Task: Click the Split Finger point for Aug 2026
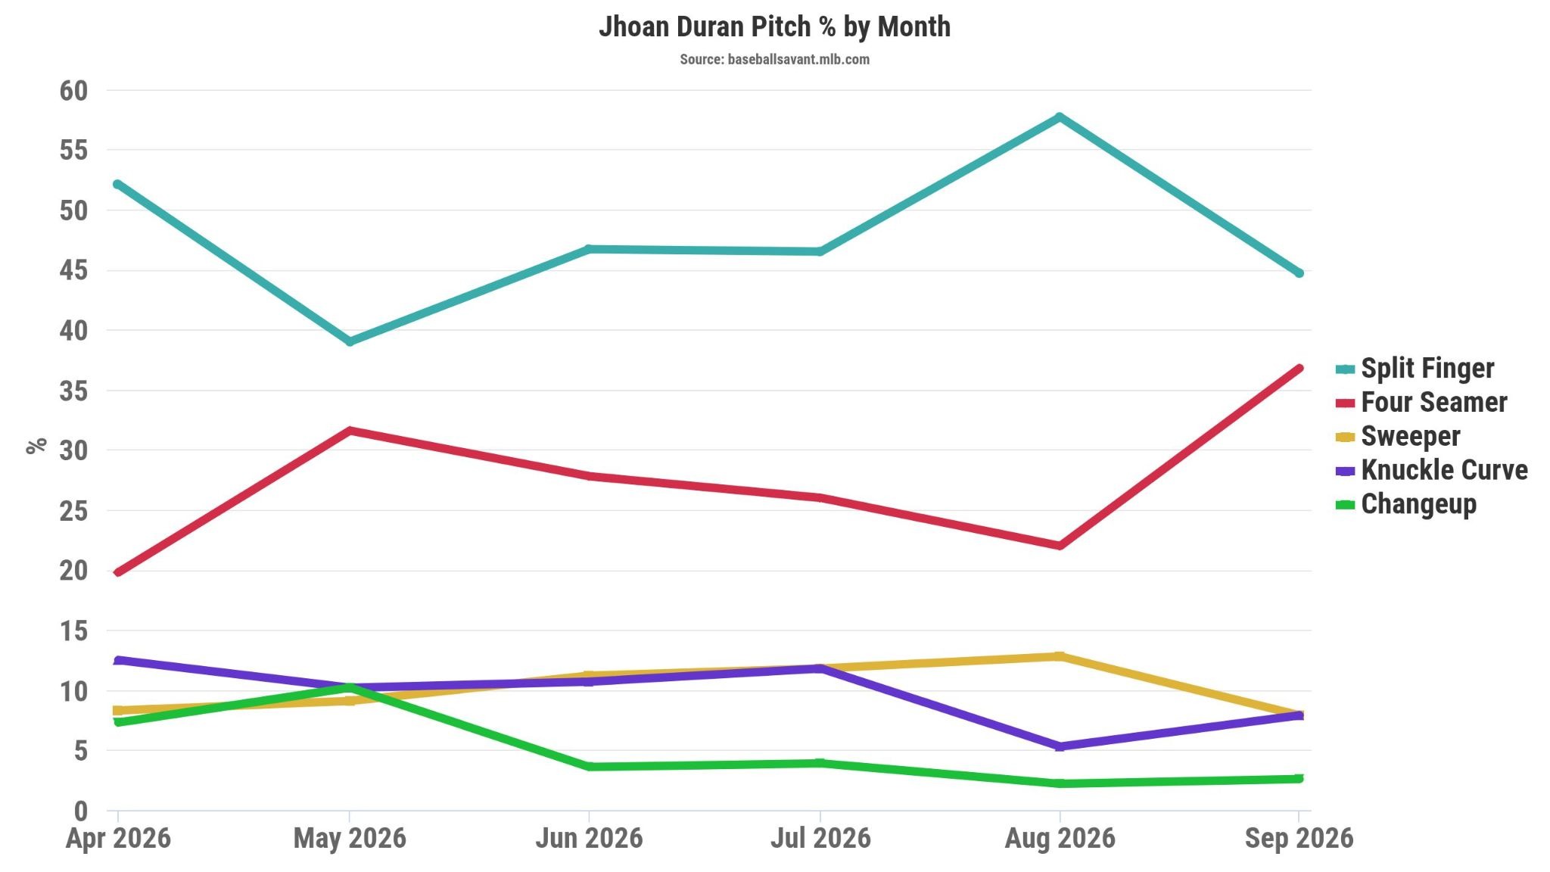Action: (1060, 117)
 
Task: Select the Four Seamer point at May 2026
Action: (349, 431)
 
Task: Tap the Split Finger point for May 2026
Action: (349, 341)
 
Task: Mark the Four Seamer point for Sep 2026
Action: (1299, 369)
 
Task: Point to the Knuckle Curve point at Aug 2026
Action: (1060, 746)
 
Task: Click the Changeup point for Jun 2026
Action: (589, 767)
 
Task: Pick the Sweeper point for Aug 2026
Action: (1060, 656)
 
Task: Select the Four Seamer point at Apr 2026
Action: (117, 572)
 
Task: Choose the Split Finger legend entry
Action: (1415, 369)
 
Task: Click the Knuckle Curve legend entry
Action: (1431, 470)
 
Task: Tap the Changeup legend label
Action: (1418, 504)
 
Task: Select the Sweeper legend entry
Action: (1398, 436)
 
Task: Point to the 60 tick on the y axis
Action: (73, 91)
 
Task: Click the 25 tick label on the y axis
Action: (73, 511)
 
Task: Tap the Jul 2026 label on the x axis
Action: (820, 838)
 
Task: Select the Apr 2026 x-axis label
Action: (118, 839)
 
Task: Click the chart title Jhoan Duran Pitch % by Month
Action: (774, 26)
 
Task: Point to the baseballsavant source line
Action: (774, 59)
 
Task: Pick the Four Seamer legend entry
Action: (1421, 403)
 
